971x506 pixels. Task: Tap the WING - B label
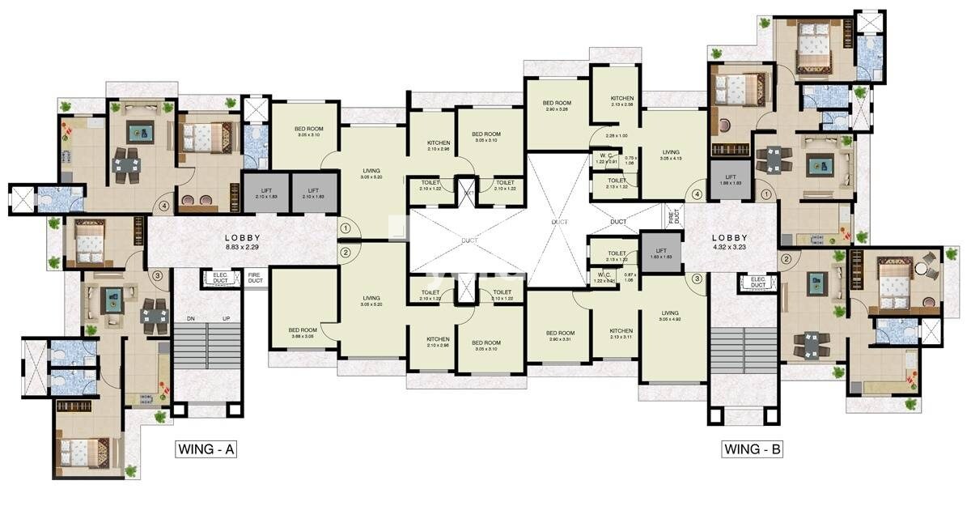point(752,448)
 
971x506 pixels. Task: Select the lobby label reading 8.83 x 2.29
point(242,240)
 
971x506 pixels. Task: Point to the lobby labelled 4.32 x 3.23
point(731,240)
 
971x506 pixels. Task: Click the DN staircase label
point(191,319)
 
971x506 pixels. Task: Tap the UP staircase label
point(227,319)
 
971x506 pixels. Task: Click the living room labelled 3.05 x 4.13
point(671,155)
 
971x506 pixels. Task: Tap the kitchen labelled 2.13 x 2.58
point(622,100)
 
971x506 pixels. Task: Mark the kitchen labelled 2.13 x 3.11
point(621,334)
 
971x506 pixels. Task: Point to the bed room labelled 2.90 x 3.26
point(557,105)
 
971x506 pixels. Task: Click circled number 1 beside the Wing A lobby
point(346,228)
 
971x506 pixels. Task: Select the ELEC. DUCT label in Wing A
point(219,278)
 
